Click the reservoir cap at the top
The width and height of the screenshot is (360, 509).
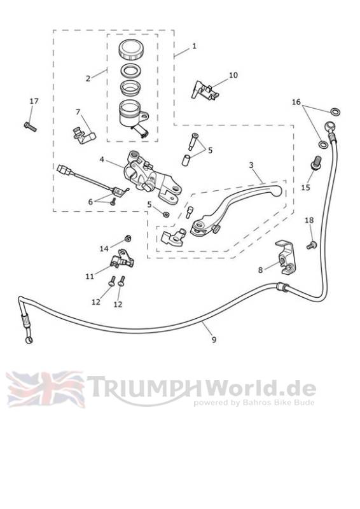[x=131, y=50]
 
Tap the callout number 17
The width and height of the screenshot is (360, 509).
[x=34, y=101]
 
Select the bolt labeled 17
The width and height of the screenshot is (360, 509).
[x=30, y=127]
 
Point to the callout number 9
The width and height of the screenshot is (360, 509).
[x=214, y=340]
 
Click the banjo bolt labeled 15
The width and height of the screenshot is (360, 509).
[x=316, y=163]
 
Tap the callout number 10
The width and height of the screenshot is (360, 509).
[x=233, y=75]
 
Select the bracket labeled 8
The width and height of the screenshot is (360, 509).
[x=286, y=257]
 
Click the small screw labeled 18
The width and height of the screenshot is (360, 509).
[x=312, y=245]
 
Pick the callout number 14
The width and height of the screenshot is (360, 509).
[x=104, y=249]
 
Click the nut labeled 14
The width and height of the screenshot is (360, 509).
[x=128, y=238]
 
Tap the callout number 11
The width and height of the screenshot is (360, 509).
[x=90, y=277]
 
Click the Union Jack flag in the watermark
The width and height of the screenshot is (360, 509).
[x=45, y=389]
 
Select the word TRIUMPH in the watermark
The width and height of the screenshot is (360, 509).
[x=144, y=387]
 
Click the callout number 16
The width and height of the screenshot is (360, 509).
[x=296, y=102]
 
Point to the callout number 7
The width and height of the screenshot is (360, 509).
[x=78, y=112]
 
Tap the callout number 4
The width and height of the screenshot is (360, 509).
[x=102, y=160]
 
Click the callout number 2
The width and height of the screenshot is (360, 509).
[x=88, y=78]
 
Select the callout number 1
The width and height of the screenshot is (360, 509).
[x=194, y=46]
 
